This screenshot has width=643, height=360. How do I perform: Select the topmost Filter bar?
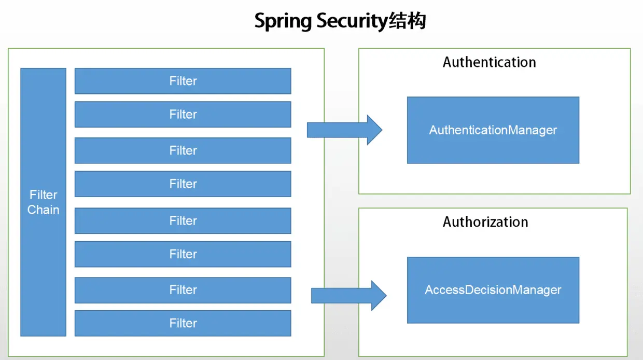tap(183, 81)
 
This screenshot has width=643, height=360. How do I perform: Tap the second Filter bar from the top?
tap(183, 114)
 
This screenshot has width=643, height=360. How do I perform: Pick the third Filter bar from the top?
tap(183, 150)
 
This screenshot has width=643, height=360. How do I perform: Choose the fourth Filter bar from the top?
tap(183, 184)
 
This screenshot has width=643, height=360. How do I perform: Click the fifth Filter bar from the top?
tap(183, 220)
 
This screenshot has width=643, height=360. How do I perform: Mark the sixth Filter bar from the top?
tap(183, 254)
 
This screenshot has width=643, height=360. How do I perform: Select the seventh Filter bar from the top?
tap(183, 290)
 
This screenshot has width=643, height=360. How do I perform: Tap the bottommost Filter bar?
tap(183, 323)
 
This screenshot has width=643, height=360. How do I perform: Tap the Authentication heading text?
tap(489, 62)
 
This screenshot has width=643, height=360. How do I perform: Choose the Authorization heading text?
tap(485, 222)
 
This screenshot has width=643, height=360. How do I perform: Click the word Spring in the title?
tap(283, 22)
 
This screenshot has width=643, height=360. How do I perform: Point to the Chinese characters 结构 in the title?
tap(407, 22)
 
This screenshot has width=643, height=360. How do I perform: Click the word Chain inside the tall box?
tap(43, 210)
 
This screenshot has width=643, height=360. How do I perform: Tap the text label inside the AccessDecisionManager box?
tap(493, 290)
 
